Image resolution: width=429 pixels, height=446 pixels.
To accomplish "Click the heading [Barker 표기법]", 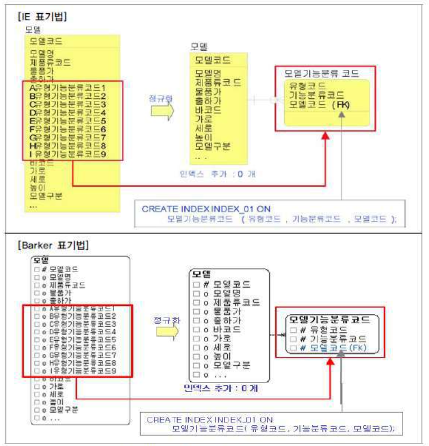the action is pos(53,246).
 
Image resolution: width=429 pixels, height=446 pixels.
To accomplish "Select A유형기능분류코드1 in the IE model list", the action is pos(68,87).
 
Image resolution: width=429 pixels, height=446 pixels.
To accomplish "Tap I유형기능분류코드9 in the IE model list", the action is pos(68,154).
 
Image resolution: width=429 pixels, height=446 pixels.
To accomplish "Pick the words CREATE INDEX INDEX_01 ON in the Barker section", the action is pos(210,420).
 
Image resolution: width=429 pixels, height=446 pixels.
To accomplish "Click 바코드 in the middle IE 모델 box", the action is pos(208,110).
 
